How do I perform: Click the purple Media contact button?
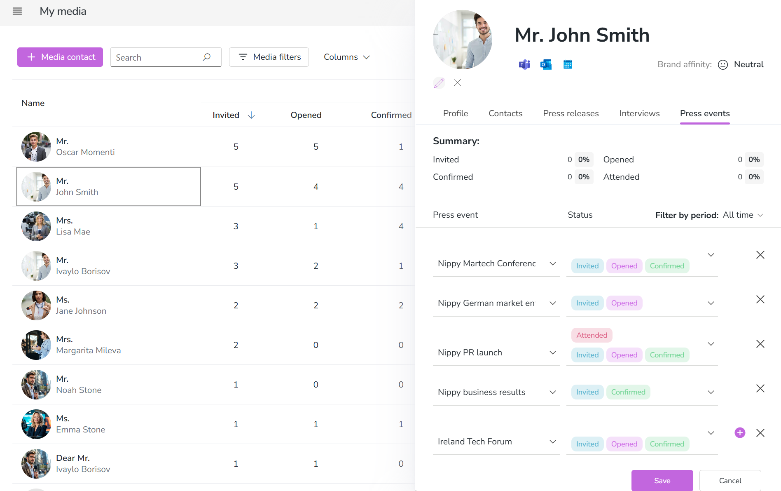pos(60,57)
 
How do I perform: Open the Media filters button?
pos(269,57)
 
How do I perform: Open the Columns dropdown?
pos(347,57)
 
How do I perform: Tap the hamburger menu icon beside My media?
pos(17,11)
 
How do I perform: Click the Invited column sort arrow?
pos(251,115)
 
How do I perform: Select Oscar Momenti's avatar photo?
pos(36,147)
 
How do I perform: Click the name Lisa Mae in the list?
pos(73,232)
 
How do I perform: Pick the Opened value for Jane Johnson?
pos(316,305)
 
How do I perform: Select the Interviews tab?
pos(639,113)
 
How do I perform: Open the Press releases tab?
pos(571,113)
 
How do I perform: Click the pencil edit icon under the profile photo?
pos(439,83)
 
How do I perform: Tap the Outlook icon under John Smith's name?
pos(546,64)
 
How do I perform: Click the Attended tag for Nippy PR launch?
pos(592,335)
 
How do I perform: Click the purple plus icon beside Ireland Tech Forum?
pos(740,432)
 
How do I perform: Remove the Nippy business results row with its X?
pos(760,388)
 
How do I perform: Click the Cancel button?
pos(730,480)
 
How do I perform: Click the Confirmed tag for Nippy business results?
pos(628,392)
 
